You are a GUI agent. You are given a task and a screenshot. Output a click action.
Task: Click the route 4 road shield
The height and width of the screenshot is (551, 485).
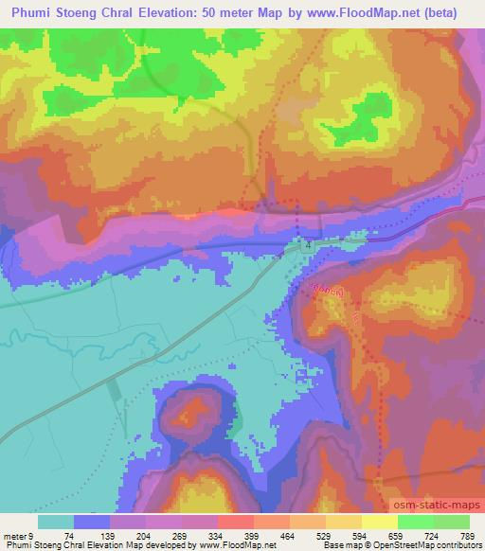[x=308, y=245]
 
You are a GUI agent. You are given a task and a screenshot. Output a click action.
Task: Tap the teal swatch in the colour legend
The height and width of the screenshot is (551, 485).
[x=56, y=522]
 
